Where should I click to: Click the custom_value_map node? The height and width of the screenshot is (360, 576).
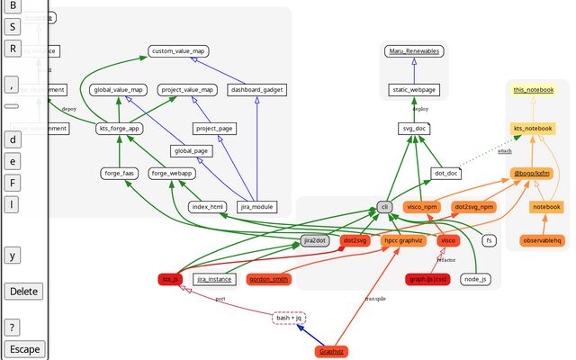(178, 52)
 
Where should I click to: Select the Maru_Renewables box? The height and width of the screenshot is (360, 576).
(413, 51)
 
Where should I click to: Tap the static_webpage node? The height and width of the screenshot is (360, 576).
(413, 90)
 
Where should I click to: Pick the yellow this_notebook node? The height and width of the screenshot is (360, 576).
(533, 90)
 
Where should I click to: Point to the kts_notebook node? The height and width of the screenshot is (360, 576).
(532, 129)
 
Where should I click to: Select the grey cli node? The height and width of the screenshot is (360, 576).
(385, 206)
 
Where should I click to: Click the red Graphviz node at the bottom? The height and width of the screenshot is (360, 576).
(332, 351)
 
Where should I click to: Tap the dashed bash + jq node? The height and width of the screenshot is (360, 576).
(289, 318)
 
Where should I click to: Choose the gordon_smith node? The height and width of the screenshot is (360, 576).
(269, 279)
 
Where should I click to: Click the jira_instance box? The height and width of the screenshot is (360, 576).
(214, 279)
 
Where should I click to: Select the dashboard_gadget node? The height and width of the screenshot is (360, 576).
(256, 90)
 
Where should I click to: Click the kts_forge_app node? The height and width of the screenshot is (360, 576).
(120, 129)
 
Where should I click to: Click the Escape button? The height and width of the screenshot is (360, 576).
(23, 349)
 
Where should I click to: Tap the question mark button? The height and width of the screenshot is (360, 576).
(12, 327)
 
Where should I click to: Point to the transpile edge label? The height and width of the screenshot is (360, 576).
(374, 298)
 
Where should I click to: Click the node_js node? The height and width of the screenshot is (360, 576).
(476, 279)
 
